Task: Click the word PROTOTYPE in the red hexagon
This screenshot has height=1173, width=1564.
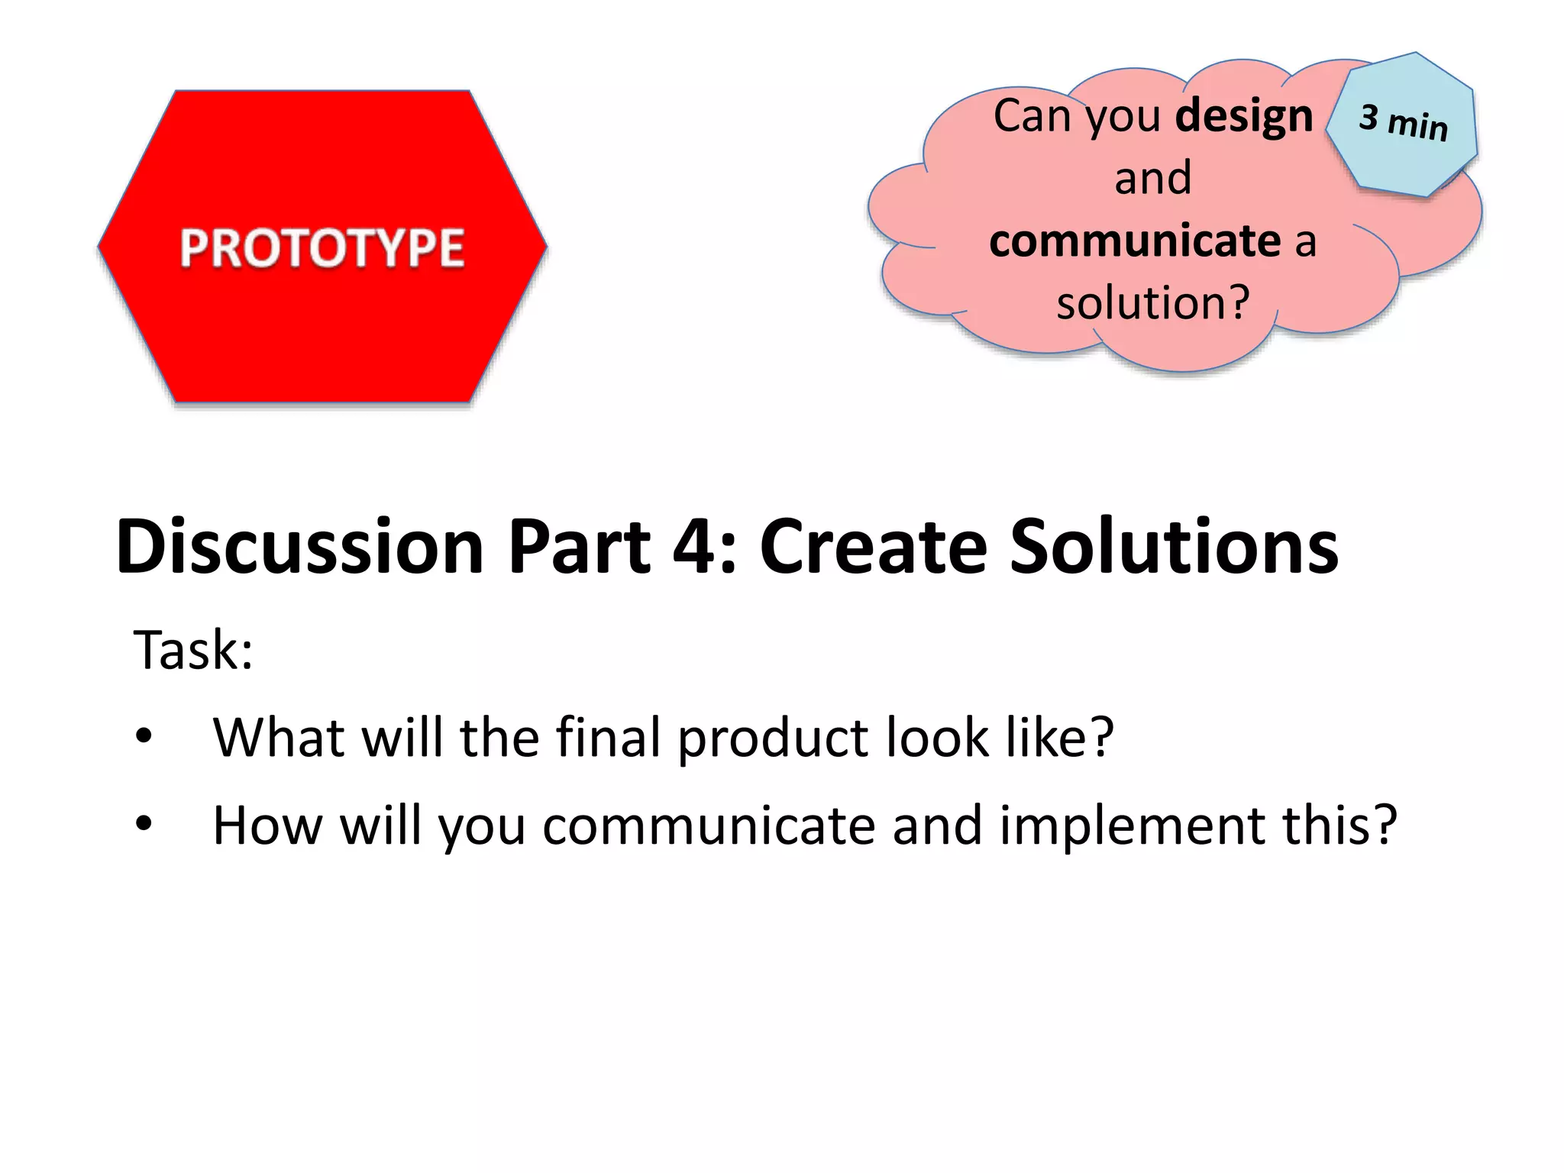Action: coord(322,248)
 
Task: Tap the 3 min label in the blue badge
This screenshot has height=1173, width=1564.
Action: coord(1403,122)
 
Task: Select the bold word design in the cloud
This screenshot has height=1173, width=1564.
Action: coord(1244,116)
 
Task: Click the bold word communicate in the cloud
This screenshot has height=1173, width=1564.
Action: coord(1134,241)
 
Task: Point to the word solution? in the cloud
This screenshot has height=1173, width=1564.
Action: coord(1153,302)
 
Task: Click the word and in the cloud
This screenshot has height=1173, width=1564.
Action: coord(1152,178)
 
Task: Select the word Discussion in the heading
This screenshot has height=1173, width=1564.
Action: coord(299,546)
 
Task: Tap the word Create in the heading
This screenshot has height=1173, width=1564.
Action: coord(872,546)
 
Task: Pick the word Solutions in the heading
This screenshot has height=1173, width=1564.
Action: coord(1174,546)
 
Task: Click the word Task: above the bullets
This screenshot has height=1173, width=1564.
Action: coord(192,650)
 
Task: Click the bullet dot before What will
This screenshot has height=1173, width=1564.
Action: coord(144,737)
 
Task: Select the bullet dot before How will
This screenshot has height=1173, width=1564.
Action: coord(144,824)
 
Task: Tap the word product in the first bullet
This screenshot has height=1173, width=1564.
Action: coord(772,739)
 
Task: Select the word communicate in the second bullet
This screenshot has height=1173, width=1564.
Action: coord(709,826)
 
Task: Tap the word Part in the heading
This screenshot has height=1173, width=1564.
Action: coord(579,546)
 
